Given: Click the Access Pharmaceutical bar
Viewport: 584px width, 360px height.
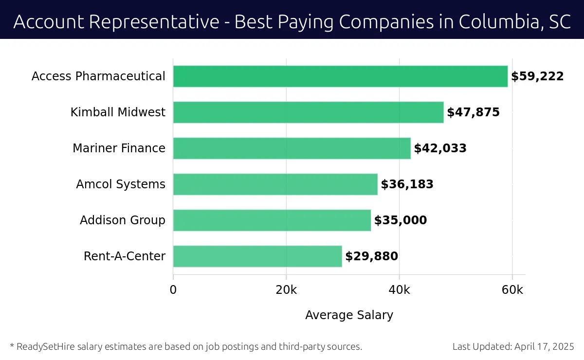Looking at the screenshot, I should (340, 76).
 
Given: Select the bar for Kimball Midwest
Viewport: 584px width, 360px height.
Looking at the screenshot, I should (308, 112).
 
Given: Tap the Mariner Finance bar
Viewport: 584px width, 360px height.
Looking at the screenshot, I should (292, 148).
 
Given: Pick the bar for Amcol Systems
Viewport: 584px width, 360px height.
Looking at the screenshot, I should (275, 184).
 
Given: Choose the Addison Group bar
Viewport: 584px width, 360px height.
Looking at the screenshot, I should (272, 220).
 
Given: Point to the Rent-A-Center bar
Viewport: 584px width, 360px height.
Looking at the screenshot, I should (257, 256).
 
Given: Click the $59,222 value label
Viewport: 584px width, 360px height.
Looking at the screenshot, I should (537, 76).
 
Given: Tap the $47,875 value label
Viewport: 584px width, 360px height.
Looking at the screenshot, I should (473, 112).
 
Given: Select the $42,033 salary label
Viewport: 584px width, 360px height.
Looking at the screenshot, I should (440, 148).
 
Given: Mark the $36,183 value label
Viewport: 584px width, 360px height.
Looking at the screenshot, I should (407, 184).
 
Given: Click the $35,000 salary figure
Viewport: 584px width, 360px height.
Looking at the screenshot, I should (401, 220).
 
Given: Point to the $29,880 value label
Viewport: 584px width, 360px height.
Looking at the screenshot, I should (371, 256).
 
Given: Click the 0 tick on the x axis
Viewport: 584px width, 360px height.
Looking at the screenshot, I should (173, 289).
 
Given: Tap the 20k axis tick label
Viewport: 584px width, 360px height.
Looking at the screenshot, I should (286, 289).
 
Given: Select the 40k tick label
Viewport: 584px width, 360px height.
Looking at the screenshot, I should (400, 289).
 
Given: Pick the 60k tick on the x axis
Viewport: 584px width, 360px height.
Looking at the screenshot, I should (512, 289).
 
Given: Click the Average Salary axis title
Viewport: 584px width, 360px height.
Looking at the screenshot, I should (349, 315).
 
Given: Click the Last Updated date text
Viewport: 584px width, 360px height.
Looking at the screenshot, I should (513, 347).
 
